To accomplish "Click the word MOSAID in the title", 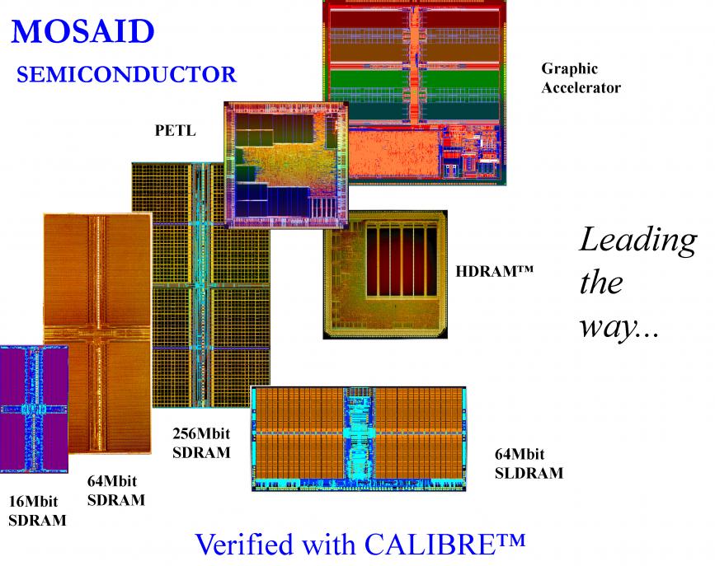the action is pyautogui.click(x=82, y=31).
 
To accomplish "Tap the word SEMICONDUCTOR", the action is pyautogui.click(x=126, y=74).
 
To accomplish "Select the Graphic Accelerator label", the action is pyautogui.click(x=581, y=78).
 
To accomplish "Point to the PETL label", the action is pyautogui.click(x=175, y=130).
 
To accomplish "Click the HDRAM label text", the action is pyautogui.click(x=494, y=271).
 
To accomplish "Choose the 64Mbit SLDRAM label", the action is pyautogui.click(x=529, y=464).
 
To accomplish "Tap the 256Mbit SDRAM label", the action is pyautogui.click(x=201, y=443).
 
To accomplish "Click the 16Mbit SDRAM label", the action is pyautogui.click(x=37, y=511).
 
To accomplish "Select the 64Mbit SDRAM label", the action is pyautogui.click(x=115, y=491).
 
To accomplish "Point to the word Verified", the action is pyautogui.click(x=243, y=544).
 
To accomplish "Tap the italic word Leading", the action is pyautogui.click(x=638, y=241).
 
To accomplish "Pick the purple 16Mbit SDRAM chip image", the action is pyautogui.click(x=34, y=409).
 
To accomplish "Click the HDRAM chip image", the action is pyautogui.click(x=385, y=275).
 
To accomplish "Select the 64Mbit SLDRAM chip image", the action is pyautogui.click(x=359, y=439).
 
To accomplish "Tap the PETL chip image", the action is pyautogui.click(x=286, y=165).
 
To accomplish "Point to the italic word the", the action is pyautogui.click(x=601, y=283).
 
